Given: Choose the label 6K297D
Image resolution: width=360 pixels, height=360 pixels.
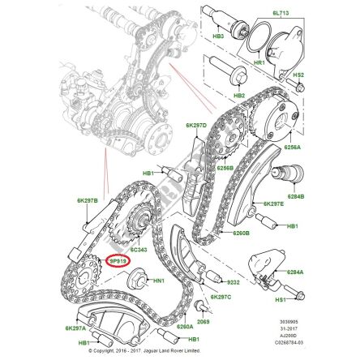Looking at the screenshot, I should [x=196, y=125].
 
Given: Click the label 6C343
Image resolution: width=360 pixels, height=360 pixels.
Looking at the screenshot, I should [x=140, y=251].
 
